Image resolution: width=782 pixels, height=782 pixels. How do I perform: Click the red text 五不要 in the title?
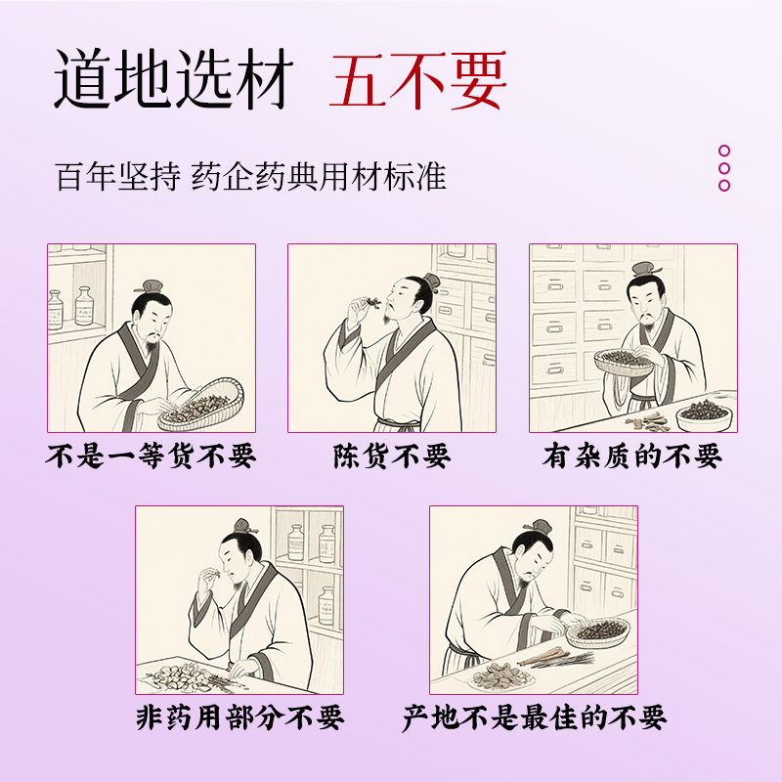point(418,80)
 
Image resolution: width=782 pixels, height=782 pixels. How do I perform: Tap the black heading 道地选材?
point(173,79)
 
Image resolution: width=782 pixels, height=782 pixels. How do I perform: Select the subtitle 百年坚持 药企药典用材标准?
point(250,177)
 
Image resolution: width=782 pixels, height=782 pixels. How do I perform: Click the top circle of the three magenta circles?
point(724,151)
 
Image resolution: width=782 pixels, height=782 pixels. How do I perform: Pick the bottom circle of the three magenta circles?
point(724,186)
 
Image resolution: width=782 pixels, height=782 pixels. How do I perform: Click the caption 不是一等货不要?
point(151,456)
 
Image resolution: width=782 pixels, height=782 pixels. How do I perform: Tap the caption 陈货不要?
point(392,456)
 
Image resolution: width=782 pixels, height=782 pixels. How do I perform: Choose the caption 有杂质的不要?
point(632,456)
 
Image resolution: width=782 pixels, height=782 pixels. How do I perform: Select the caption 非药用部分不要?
point(239,718)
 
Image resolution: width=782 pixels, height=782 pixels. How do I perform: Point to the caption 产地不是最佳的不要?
point(534,718)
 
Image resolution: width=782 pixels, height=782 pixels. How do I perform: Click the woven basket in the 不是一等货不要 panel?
point(201,405)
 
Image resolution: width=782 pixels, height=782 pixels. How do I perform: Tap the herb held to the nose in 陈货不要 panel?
point(370,302)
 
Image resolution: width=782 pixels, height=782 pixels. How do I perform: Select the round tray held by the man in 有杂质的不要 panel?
point(624,362)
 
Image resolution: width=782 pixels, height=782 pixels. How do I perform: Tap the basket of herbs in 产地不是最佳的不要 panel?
point(598,632)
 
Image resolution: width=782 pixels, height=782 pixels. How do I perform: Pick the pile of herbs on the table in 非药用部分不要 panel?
point(181,676)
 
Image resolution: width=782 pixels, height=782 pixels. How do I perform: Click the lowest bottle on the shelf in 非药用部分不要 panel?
point(326,605)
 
